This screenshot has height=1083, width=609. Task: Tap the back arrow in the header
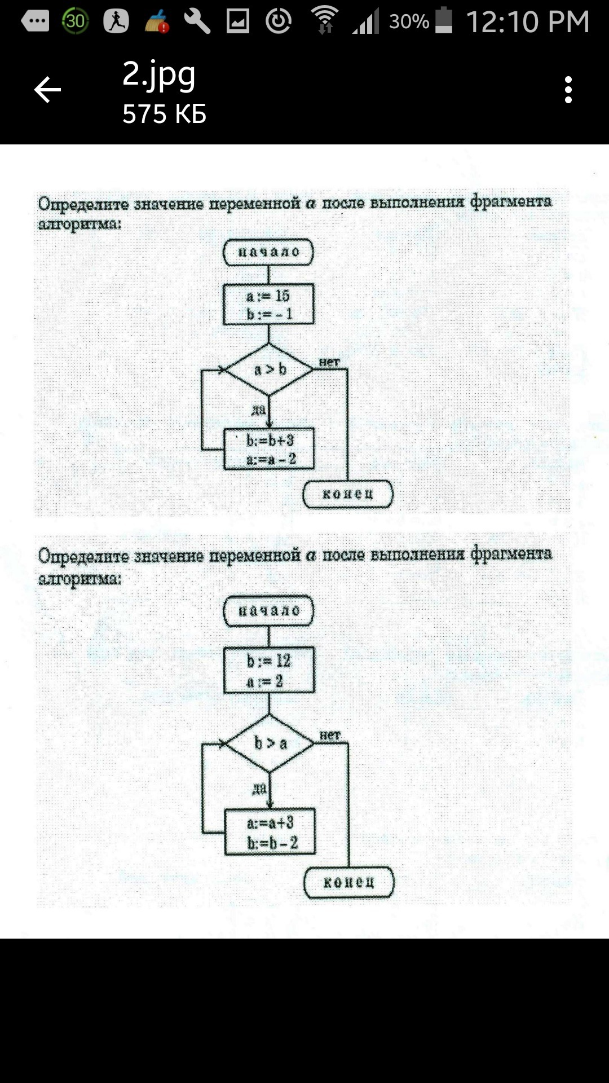pos(47,90)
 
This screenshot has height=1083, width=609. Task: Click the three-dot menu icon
pos(568,90)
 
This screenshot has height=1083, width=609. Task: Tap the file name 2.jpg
pos(159,75)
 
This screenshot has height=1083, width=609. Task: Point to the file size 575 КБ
pos(164,114)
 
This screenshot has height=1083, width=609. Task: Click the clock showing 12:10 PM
pos(528,22)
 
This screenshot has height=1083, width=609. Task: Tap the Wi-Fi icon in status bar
pos(325,20)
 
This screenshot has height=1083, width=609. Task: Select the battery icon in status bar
pos(444,20)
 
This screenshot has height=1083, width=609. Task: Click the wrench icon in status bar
pos(197,21)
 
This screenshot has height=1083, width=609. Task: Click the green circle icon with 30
pos(75,21)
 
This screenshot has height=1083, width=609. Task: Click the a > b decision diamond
pos(269,369)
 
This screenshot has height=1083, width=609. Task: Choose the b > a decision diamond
pos(270,743)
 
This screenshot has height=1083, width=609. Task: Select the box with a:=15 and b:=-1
pos(268,305)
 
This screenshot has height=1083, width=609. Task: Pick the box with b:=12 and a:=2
pos(269,670)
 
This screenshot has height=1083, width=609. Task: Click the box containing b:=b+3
pos(269,449)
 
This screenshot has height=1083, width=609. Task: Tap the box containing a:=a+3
pos(270,832)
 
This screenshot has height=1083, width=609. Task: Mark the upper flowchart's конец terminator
pos(348,494)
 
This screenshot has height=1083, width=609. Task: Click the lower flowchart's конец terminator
pos(348,882)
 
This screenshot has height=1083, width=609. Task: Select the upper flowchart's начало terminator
pos(268,252)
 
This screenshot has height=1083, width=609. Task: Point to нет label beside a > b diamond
pos(329,362)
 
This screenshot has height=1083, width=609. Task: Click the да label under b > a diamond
pos(259,788)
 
